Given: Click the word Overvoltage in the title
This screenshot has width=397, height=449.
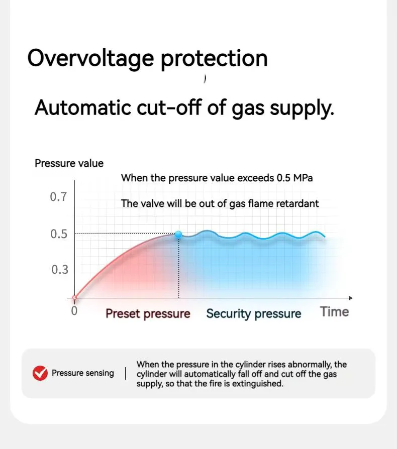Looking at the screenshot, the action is (90, 59).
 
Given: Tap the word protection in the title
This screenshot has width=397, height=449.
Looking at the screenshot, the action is (214, 59).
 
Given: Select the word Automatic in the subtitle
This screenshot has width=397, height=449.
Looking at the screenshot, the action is (83, 107).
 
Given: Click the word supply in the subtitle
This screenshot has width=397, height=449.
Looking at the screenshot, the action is (302, 109).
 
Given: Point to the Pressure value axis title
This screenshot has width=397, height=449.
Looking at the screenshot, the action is (69, 163).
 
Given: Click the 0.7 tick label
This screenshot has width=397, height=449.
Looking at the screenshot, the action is (58, 197).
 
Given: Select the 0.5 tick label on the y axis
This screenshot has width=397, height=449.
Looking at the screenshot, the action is (59, 234).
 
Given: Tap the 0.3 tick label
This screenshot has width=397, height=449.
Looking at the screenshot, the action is (60, 270).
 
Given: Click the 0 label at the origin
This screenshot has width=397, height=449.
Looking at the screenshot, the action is (74, 311).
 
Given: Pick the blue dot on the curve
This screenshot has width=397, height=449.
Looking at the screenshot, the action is (178, 235).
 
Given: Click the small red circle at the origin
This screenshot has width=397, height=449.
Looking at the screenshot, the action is (75, 298).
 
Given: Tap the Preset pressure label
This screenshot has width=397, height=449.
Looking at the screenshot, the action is (148, 314).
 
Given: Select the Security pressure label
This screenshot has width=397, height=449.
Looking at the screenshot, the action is (253, 314).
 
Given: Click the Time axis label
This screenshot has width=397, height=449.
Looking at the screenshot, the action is (335, 311).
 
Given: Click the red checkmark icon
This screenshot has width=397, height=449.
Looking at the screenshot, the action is (40, 373).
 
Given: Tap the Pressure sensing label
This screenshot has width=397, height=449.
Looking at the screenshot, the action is (83, 373).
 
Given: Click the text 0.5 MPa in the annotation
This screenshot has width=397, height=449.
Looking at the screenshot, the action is (295, 178).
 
